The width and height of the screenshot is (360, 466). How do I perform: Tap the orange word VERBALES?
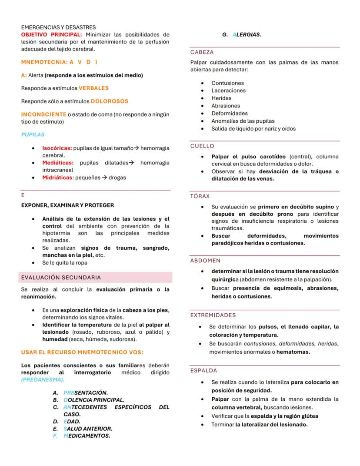click(93, 88)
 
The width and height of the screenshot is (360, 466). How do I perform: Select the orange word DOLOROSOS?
click(110, 101)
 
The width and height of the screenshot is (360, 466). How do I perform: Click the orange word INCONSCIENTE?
click(44, 114)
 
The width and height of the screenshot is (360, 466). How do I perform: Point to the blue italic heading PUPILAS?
click(33, 135)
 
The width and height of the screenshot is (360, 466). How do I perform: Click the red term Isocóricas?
click(57, 148)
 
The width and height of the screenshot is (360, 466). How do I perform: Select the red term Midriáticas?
click(57, 178)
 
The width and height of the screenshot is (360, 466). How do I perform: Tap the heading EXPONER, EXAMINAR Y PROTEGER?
click(67, 205)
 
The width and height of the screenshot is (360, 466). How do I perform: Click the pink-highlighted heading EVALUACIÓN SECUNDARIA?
click(61, 278)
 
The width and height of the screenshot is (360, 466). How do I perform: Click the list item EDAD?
click(72, 422)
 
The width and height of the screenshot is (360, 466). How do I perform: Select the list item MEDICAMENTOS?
click(87, 436)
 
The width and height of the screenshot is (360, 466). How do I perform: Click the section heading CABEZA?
click(202, 52)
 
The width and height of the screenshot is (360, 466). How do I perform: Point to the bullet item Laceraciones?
click(228, 91)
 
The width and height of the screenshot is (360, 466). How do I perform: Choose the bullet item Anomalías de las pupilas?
click(243, 121)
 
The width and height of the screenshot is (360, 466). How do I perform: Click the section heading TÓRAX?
click(200, 197)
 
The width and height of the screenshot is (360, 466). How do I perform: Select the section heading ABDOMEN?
click(205, 261)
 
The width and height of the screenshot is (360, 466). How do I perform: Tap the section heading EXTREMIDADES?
click(213, 315)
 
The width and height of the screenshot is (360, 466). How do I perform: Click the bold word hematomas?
click(293, 352)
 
